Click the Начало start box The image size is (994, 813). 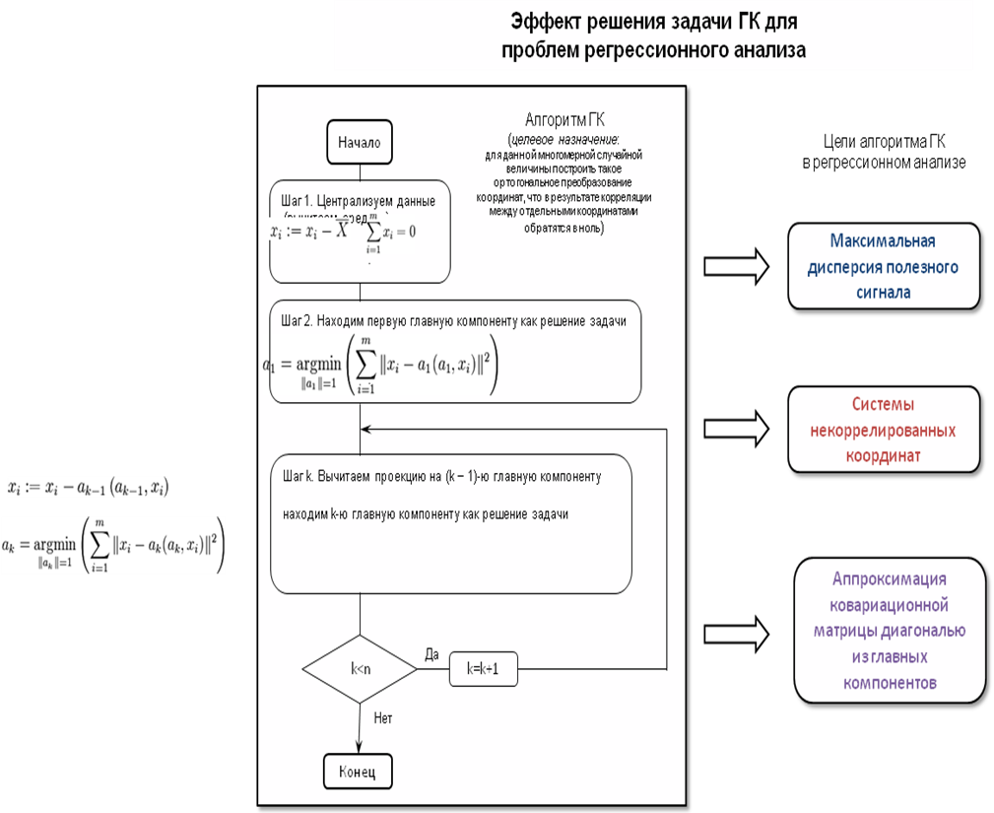(359, 142)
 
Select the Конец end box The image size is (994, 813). (357, 771)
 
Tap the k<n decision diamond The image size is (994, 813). (361, 668)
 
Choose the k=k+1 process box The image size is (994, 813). (484, 669)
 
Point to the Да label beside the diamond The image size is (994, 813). (431, 653)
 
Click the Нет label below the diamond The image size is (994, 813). (383, 718)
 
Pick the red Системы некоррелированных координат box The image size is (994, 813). (883, 431)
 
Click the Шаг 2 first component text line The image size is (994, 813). (454, 321)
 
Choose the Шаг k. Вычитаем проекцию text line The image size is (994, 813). (441, 476)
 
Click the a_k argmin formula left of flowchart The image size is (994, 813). (113, 544)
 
